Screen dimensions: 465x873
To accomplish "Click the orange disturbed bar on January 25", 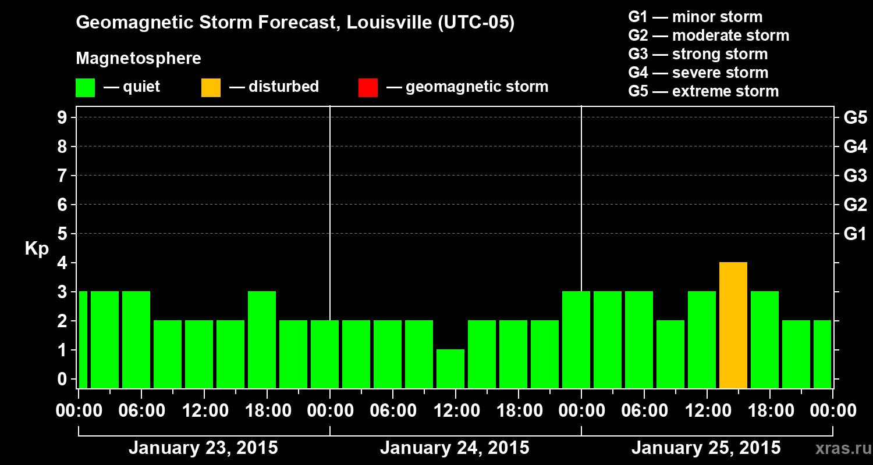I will (x=733, y=325).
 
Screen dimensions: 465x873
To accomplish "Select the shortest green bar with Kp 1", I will (x=450, y=369).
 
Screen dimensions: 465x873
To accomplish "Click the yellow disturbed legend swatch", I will (x=211, y=87).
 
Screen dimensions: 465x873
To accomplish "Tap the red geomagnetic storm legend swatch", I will (x=368, y=87).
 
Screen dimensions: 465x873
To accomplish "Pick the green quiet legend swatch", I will (x=86, y=87).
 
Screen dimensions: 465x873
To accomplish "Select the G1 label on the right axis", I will (x=855, y=234).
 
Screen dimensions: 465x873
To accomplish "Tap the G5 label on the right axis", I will (x=855, y=117).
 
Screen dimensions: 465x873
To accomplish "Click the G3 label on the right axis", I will (x=855, y=176).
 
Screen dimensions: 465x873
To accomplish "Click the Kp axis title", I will (x=37, y=249).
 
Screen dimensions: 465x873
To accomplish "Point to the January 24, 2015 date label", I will (x=455, y=448).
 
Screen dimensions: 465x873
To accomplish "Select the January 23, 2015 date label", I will (x=203, y=448).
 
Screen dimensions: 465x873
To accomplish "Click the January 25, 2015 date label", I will (x=706, y=448).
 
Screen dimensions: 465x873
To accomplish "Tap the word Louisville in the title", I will (x=382, y=23).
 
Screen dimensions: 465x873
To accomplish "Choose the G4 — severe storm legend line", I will (x=698, y=73).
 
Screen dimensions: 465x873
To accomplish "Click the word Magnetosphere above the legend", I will (x=139, y=59).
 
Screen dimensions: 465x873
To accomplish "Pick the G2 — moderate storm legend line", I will (x=708, y=35).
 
